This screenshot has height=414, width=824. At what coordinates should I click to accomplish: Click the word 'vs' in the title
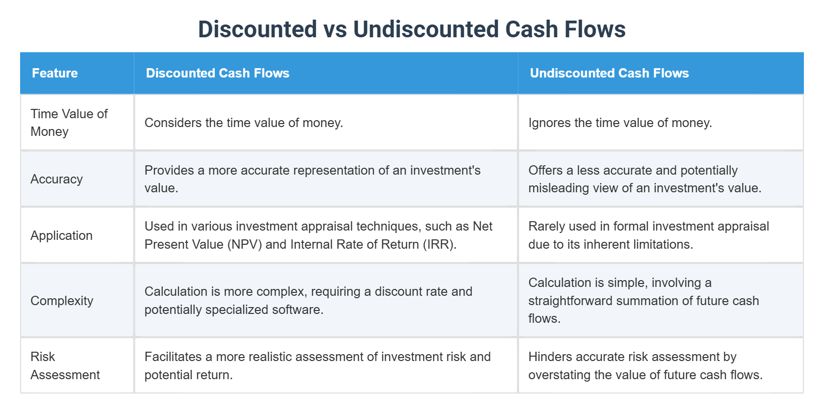coord(335,29)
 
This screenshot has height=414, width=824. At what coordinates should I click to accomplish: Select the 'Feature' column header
coord(55,73)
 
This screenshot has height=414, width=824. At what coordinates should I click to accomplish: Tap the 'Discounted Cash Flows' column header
coord(218,73)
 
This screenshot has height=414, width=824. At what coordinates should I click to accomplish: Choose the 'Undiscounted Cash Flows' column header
coord(609,73)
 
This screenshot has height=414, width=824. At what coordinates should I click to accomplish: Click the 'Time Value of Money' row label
coord(69,123)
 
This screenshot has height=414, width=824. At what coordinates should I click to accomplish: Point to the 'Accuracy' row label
coord(56,179)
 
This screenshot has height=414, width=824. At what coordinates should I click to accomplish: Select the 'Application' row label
coord(61,235)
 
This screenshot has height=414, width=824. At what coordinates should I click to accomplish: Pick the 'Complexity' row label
coord(62,301)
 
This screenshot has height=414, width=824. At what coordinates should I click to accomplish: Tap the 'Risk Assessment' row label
coord(65,365)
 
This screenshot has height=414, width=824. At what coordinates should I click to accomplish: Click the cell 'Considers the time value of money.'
coord(244,123)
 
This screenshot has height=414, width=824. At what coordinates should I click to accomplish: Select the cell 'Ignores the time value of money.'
coord(620,123)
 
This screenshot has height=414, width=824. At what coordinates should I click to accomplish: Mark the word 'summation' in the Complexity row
coord(648,301)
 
